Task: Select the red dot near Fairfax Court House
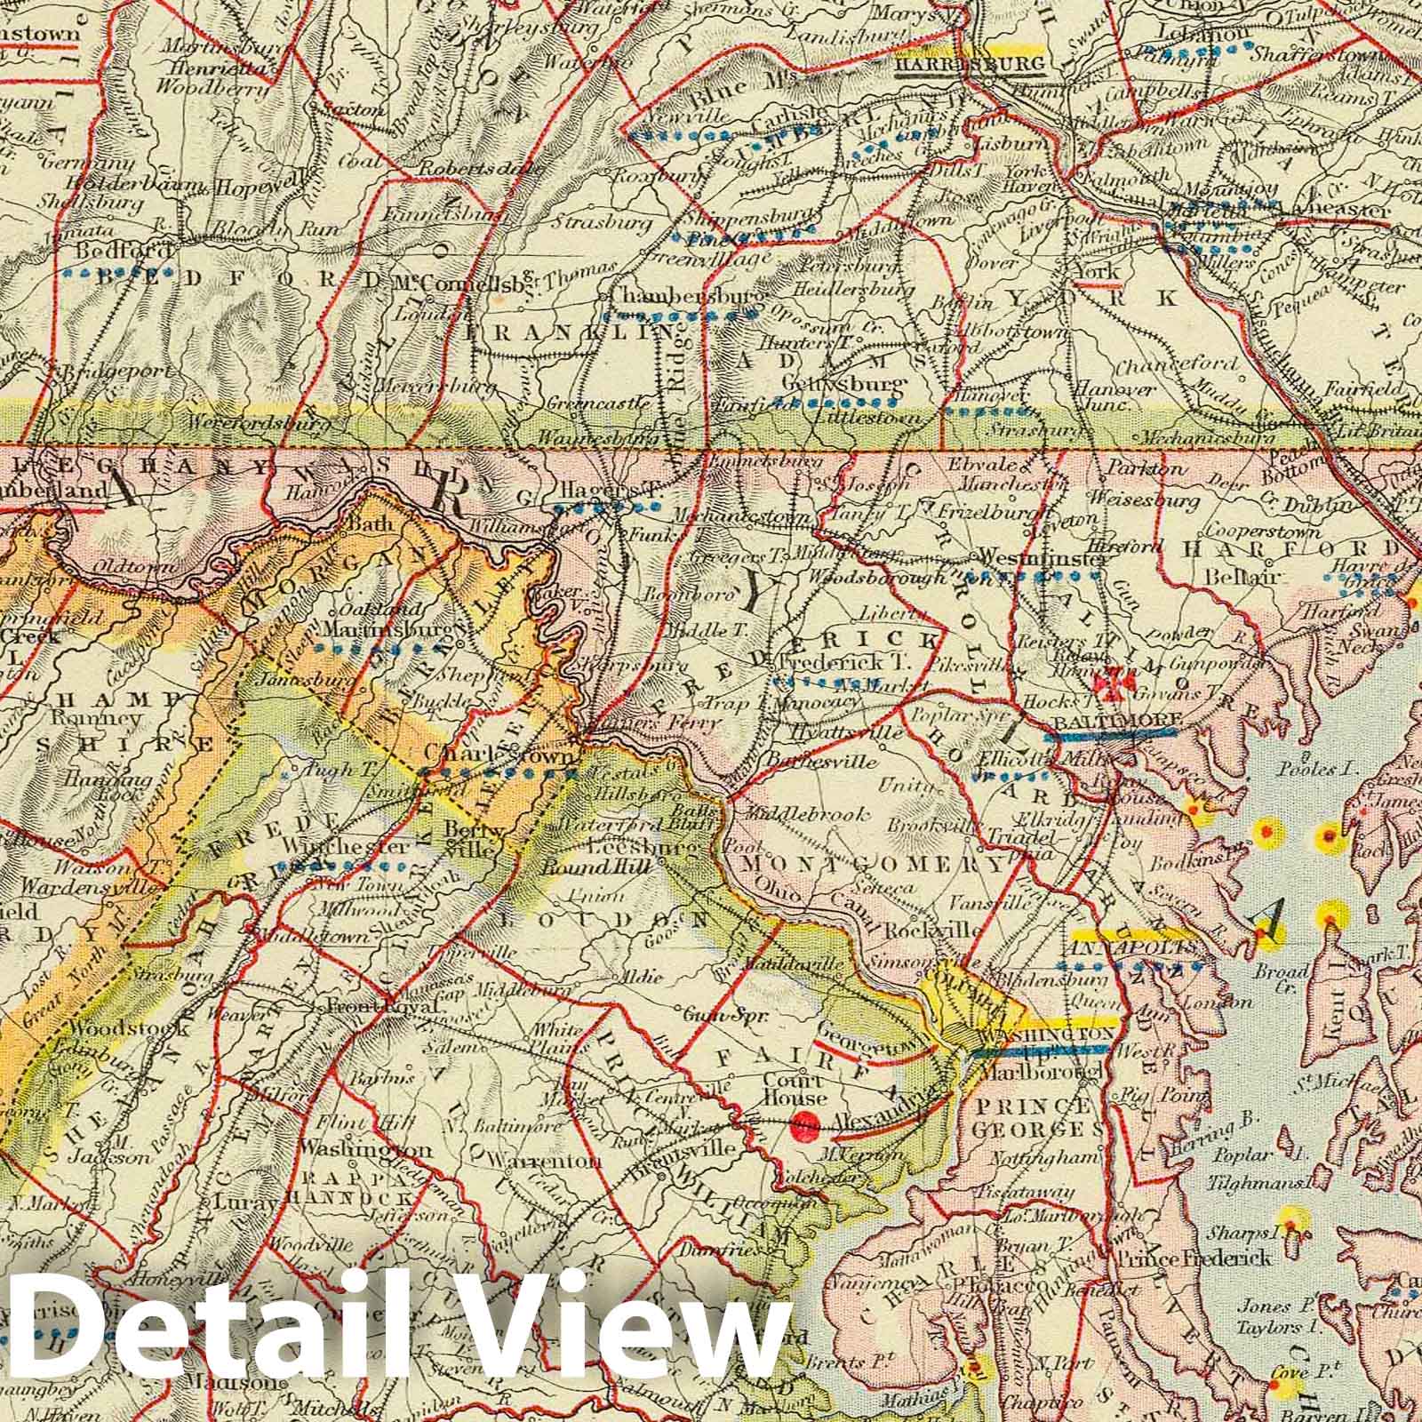808,1123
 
